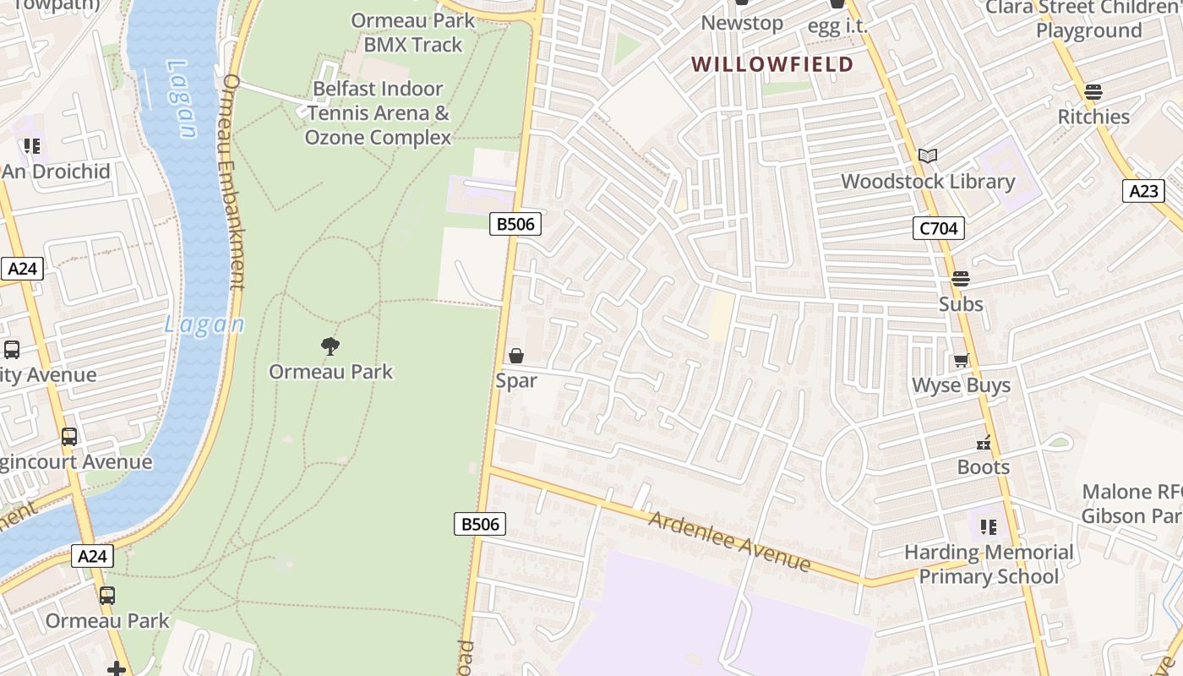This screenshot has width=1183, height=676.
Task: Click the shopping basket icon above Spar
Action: tap(516, 356)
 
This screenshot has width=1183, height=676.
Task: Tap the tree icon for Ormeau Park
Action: tap(330, 346)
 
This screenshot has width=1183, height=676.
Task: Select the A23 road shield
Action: tap(1144, 191)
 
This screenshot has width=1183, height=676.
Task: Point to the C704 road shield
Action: tap(938, 228)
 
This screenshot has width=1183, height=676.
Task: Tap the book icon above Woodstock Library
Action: tap(928, 155)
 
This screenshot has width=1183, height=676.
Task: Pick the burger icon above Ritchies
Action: tap(1093, 91)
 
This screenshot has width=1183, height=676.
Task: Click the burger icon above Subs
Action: tap(961, 278)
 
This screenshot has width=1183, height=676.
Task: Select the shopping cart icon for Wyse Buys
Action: tap(961, 361)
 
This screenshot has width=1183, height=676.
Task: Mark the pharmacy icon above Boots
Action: tap(984, 442)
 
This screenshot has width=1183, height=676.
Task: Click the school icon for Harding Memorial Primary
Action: tap(989, 527)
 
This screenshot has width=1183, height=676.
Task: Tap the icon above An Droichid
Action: tap(32, 146)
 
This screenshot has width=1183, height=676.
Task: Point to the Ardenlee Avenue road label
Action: tap(729, 540)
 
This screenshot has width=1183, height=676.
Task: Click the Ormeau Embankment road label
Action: tap(232, 182)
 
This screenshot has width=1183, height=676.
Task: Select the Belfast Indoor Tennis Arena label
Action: tap(378, 113)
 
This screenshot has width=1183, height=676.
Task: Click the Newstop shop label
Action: tap(742, 23)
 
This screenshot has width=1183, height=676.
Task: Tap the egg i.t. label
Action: tap(837, 26)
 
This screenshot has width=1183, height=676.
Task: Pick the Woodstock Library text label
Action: tap(928, 181)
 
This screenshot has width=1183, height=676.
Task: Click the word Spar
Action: tap(516, 380)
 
